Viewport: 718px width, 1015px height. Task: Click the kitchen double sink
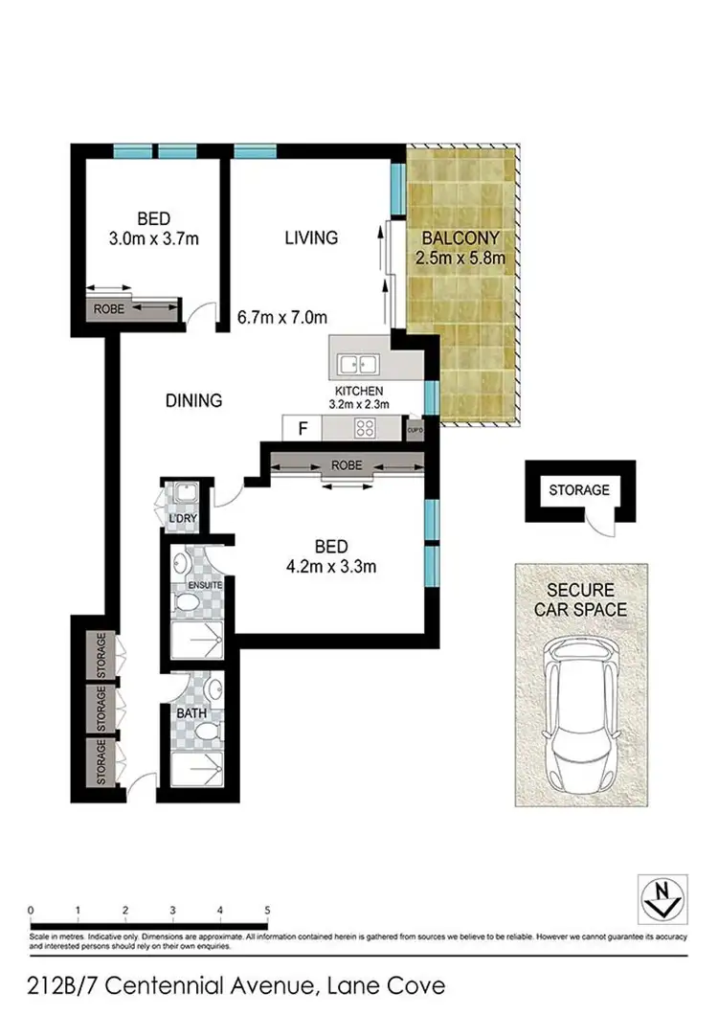click(x=360, y=364)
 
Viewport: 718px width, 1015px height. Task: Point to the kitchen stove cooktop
click(x=366, y=428)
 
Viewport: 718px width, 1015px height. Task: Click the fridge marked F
click(x=303, y=428)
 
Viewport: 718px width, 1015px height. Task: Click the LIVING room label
click(x=311, y=237)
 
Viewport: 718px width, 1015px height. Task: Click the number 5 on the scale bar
click(x=267, y=910)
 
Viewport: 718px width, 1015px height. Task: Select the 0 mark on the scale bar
click(x=32, y=910)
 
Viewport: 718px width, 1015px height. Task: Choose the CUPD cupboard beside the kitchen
click(x=415, y=430)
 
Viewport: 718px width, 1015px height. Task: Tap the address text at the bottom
click(x=224, y=984)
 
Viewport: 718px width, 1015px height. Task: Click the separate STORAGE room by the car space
click(x=578, y=489)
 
